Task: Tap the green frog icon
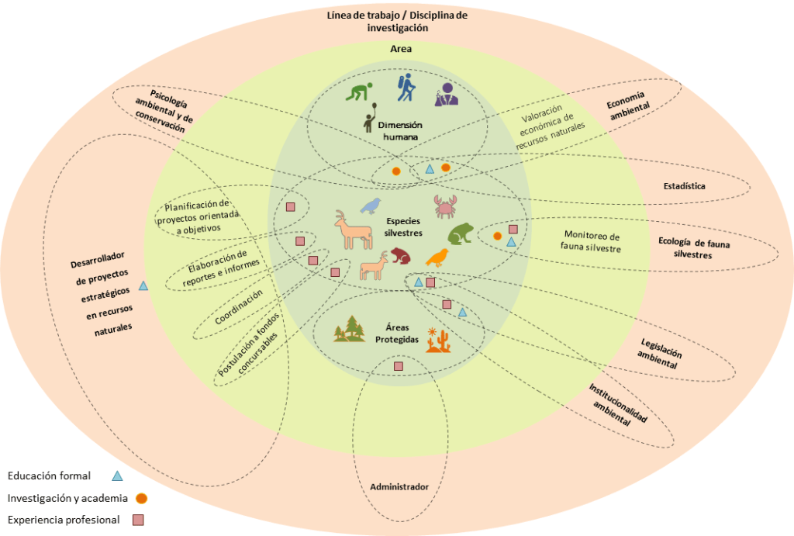pyautogui.click(x=461, y=233)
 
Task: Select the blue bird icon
pyautogui.click(x=372, y=205)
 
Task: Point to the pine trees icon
pyautogui.click(x=350, y=329)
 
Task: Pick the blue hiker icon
pyautogui.click(x=406, y=88)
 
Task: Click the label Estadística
pyautogui.click(x=684, y=186)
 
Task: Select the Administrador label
pyautogui.click(x=399, y=486)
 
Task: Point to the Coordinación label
pyautogui.click(x=239, y=307)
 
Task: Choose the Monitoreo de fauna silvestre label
pyautogui.click(x=593, y=242)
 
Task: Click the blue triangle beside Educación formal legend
pyautogui.click(x=117, y=476)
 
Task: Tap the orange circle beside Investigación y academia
pyautogui.click(x=142, y=498)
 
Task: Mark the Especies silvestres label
pyautogui.click(x=404, y=226)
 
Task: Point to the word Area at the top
pyautogui.click(x=400, y=49)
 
